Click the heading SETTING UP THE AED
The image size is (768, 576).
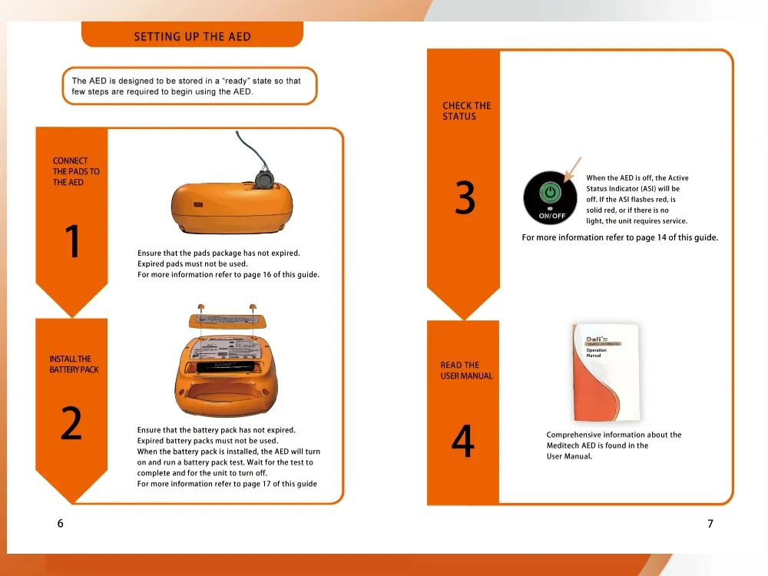pyautogui.click(x=192, y=36)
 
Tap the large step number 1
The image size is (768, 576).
pyautogui.click(x=72, y=242)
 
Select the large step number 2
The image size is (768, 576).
pyautogui.click(x=71, y=424)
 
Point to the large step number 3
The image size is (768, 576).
pyautogui.click(x=465, y=198)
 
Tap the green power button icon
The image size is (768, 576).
pyautogui.click(x=551, y=192)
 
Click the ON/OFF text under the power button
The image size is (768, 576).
pyautogui.click(x=551, y=217)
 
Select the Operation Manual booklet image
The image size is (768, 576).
pyautogui.click(x=606, y=372)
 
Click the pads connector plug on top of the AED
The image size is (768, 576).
pyautogui.click(x=264, y=179)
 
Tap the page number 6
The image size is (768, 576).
pyautogui.click(x=60, y=524)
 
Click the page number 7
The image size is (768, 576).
pyautogui.click(x=710, y=524)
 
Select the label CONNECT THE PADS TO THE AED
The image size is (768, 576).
pyautogui.click(x=76, y=172)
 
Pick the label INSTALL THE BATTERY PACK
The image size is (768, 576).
pyautogui.click(x=74, y=364)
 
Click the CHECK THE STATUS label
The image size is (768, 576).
pyautogui.click(x=466, y=111)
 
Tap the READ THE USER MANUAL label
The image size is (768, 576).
pyautogui.click(x=466, y=370)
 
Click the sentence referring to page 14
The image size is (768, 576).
pyautogui.click(x=620, y=237)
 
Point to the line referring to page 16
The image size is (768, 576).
pyautogui.click(x=228, y=275)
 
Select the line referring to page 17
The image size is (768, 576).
pyautogui.click(x=227, y=484)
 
